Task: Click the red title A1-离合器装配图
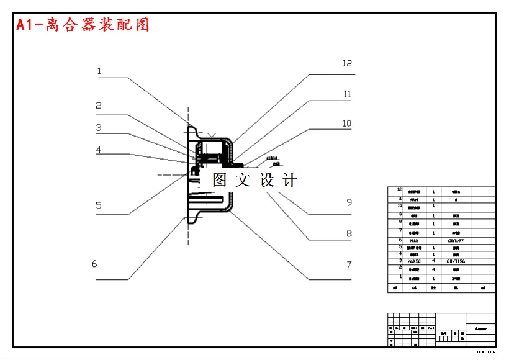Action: tap(83, 25)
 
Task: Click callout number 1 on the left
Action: tap(99, 71)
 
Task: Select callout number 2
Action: tap(98, 106)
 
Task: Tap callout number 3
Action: tap(98, 128)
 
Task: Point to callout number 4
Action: tap(98, 150)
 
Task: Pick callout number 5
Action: tap(98, 206)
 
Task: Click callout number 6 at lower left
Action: tap(94, 264)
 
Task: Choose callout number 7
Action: tap(349, 265)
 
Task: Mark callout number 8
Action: tap(349, 234)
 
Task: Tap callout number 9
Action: tap(349, 202)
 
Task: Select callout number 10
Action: tap(347, 124)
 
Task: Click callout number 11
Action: tap(347, 94)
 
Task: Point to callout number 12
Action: tap(347, 63)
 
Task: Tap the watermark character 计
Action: tap(290, 180)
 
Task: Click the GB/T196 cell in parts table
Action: tap(456, 261)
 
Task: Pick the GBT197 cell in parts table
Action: tap(456, 240)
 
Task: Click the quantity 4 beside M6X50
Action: tap(433, 261)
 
